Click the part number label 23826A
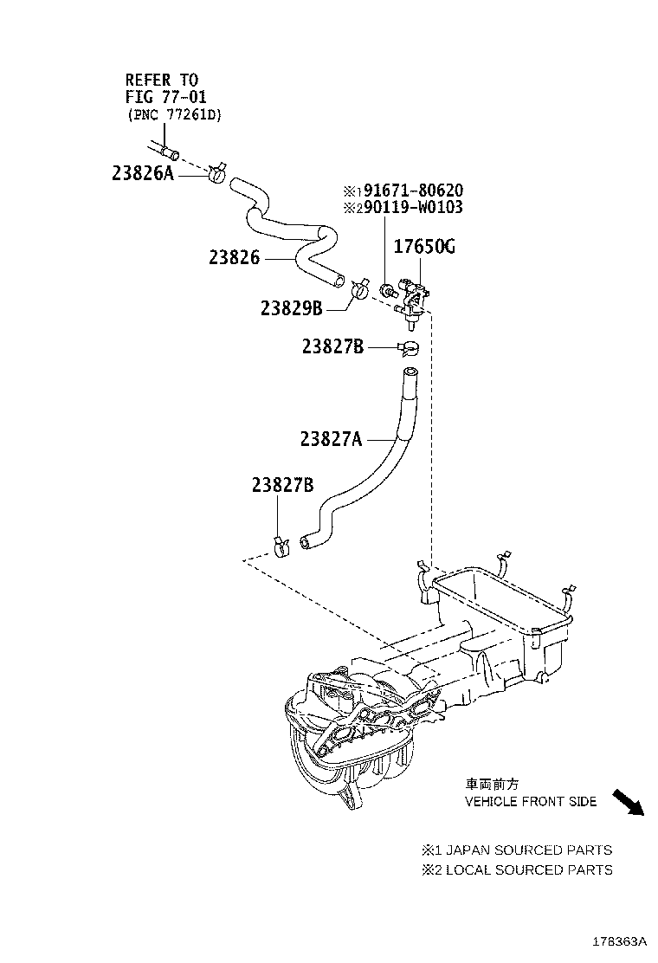pyautogui.click(x=143, y=173)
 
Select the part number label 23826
pyautogui.click(x=234, y=257)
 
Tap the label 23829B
pyautogui.click(x=291, y=308)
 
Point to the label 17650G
pyautogui.click(x=424, y=248)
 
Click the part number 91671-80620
pyautogui.click(x=413, y=191)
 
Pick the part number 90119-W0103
pyautogui.click(x=413, y=208)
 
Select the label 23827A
pyautogui.click(x=331, y=439)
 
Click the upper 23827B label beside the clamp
pyautogui.click(x=332, y=346)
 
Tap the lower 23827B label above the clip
pyautogui.click(x=282, y=486)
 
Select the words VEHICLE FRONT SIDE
pyautogui.click(x=531, y=802)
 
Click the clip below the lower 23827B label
pyautogui.click(x=279, y=546)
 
